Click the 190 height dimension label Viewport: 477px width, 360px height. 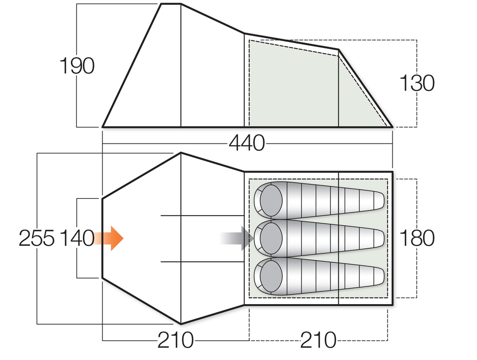pyautogui.click(x=77, y=66)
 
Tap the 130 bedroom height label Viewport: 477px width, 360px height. pyautogui.click(x=417, y=83)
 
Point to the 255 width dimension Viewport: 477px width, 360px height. pyautogui.click(x=36, y=238)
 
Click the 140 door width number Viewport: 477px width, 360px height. pyautogui.click(x=77, y=238)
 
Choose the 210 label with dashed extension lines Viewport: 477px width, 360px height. pyautogui.click(x=319, y=340)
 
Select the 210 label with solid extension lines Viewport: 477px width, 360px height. pyautogui.click(x=175, y=340)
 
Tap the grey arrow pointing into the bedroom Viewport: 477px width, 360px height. pyautogui.click(x=238, y=238)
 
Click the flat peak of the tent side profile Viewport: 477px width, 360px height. pyautogui.click(x=171, y=4)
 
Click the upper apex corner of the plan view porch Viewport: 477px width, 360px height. pyautogui.click(x=181, y=153)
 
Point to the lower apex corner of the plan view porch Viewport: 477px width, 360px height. pyautogui.click(x=181, y=324)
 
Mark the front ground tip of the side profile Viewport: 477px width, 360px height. pyautogui.click(x=103, y=126)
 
